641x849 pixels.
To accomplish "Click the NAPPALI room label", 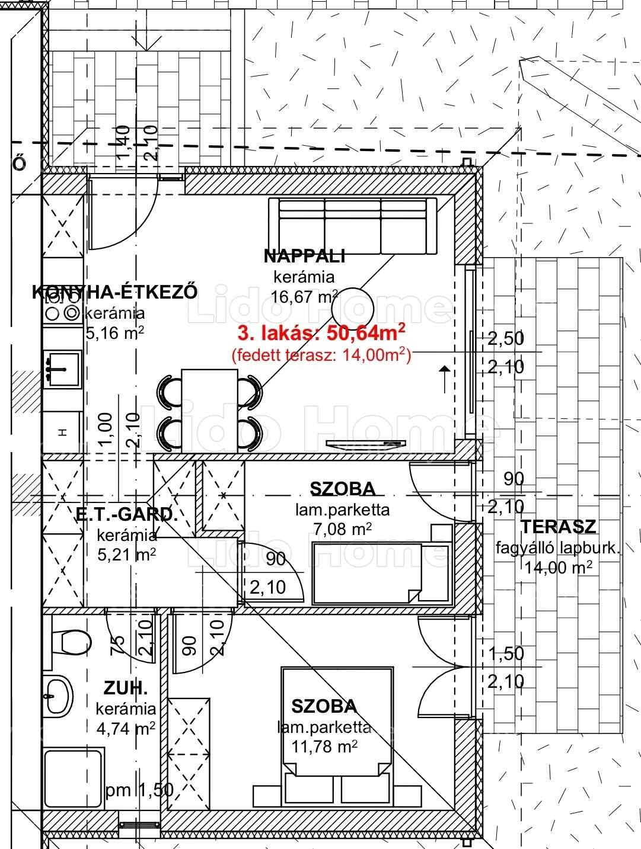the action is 304,256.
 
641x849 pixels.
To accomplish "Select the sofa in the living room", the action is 353,226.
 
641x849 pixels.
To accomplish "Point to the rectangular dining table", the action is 209,411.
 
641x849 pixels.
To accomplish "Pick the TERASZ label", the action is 558,527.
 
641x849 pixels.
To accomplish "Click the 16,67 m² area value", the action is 304,297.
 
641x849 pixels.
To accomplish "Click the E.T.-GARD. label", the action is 126,514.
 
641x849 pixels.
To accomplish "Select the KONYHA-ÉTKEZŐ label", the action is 114,292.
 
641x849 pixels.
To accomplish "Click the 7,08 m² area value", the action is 343,528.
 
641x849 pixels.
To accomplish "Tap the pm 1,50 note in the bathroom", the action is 140,789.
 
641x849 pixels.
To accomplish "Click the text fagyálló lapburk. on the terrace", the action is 558,548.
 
